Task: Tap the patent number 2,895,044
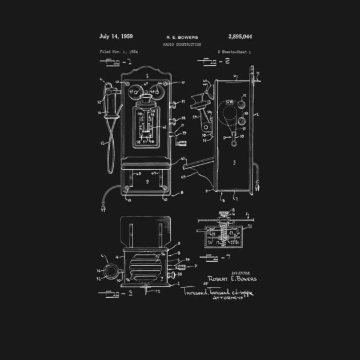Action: (239, 37)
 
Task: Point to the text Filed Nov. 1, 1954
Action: (119, 51)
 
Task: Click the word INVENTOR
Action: (240, 273)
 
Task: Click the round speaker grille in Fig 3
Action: (145, 265)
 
